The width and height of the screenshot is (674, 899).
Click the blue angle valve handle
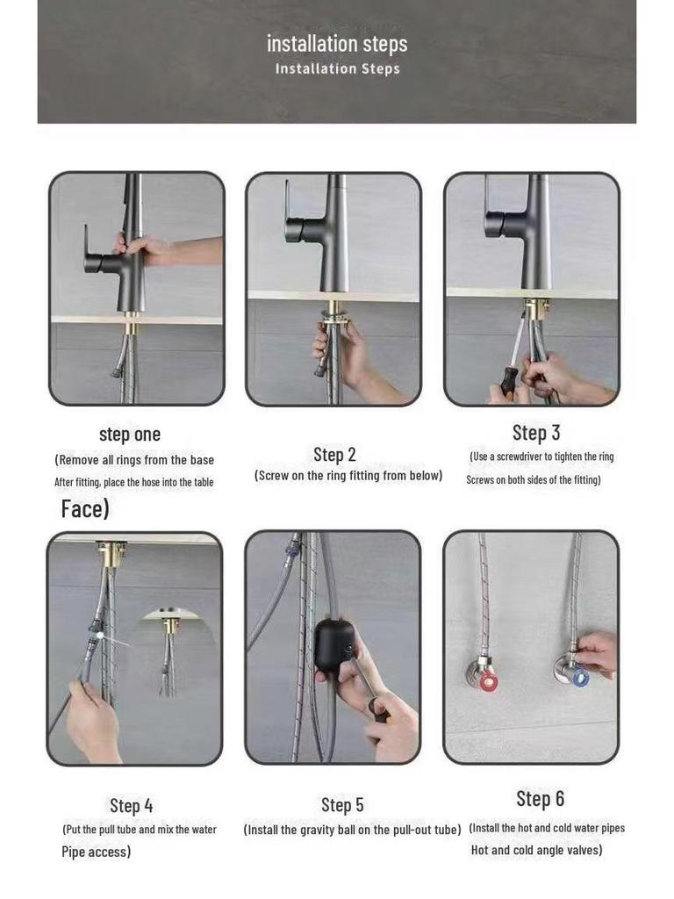coord(580,677)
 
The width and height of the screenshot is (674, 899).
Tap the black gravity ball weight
coord(333,645)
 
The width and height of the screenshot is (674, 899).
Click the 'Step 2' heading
coord(334,455)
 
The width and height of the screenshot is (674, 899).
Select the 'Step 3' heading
coord(536,433)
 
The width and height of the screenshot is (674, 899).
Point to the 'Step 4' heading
coord(132,806)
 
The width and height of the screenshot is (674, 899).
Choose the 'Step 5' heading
coord(342,805)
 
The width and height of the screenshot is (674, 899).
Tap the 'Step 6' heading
coord(540,799)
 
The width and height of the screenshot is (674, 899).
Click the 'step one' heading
coord(130,434)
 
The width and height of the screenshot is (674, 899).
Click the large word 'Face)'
coord(85,508)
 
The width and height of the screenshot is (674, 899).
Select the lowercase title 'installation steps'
coord(337,44)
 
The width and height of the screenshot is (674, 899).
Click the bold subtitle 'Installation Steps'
coord(338,68)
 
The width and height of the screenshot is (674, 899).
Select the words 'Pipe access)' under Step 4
coord(97,852)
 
